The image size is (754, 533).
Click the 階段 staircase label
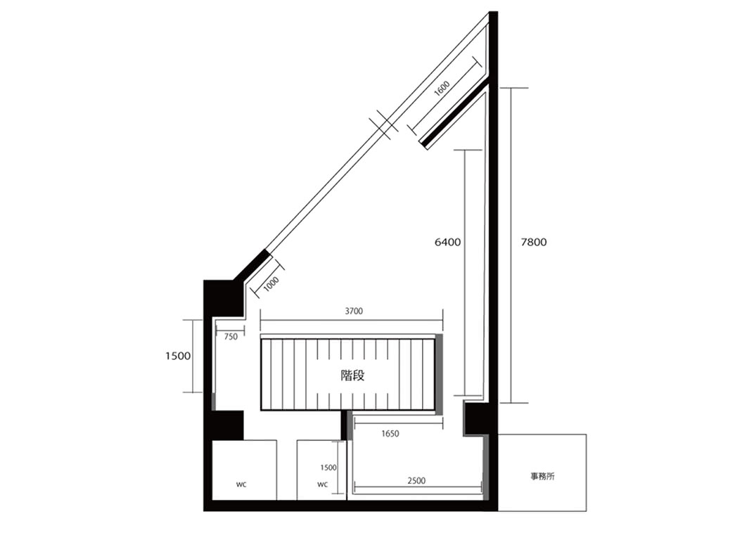352,375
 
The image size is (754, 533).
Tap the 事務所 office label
542,476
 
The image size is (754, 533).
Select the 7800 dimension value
534,242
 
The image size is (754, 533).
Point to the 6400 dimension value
447,242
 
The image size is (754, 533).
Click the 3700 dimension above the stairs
354,311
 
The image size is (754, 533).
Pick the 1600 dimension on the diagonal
442,89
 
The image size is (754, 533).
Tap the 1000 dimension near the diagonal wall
271,283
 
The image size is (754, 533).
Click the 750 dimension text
231,337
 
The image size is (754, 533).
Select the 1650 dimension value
390,434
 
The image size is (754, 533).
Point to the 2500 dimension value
416,480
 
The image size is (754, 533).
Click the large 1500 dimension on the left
178,356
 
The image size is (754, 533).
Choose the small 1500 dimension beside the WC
328,468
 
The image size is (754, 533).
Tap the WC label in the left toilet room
241,485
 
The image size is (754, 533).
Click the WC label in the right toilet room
323,484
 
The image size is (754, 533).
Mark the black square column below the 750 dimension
227,425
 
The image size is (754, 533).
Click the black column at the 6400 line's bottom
477,418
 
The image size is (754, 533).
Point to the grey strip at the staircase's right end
439,374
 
